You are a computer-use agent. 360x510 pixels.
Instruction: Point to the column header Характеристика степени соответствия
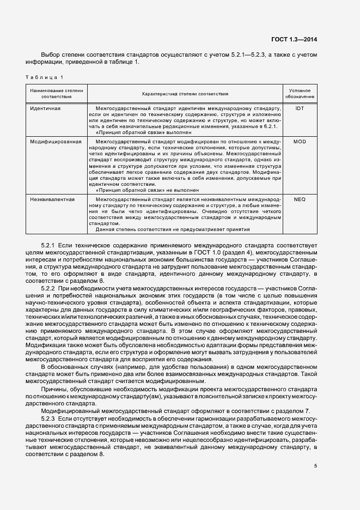point(185,94)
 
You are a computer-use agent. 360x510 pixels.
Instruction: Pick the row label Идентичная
point(45,108)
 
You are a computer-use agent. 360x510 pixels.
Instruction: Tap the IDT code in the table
point(300,108)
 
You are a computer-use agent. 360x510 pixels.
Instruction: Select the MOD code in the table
point(300,142)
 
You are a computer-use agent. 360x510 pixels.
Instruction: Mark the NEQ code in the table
point(300,200)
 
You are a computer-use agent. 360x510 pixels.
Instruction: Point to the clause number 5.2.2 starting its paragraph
point(48,289)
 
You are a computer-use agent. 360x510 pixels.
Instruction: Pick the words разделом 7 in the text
point(295,410)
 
